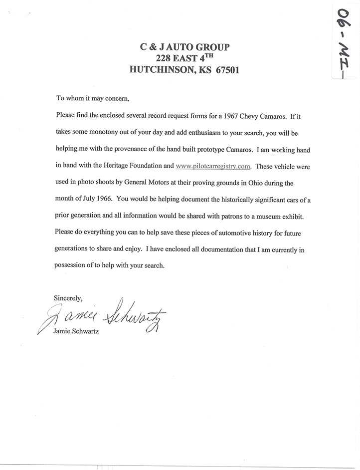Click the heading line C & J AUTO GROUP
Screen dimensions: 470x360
[x=184, y=47]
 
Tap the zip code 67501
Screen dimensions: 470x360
[x=225, y=70]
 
